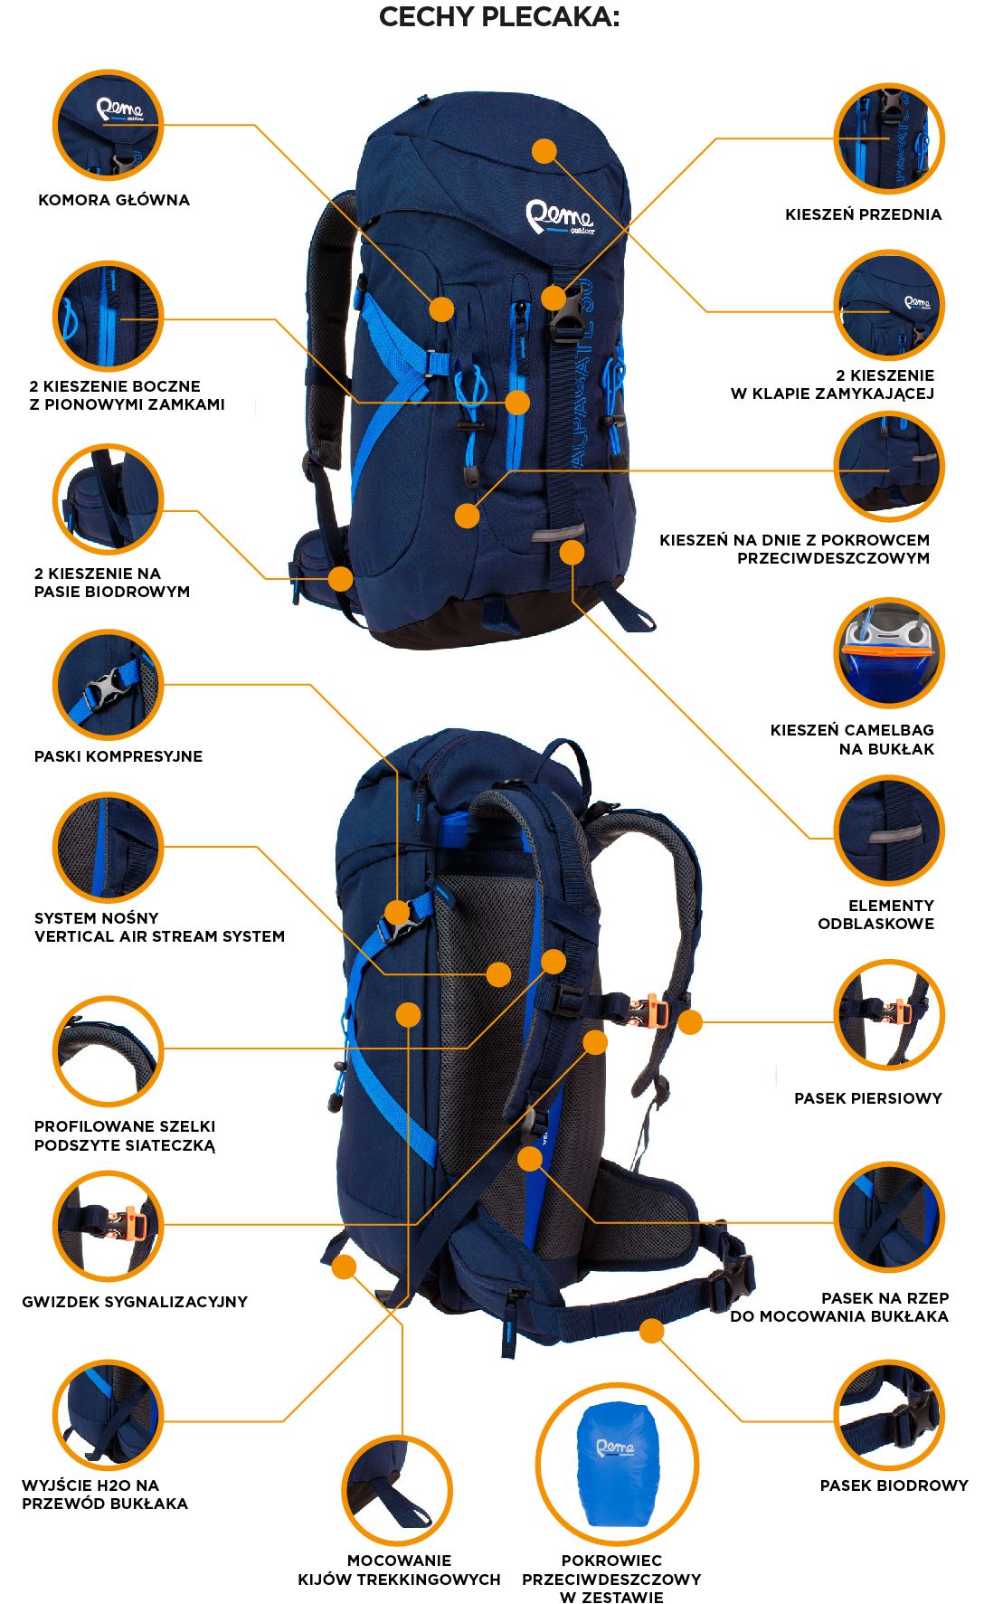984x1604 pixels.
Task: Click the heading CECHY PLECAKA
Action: pyautogui.click(x=499, y=17)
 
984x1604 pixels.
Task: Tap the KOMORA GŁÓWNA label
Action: pyautogui.click(x=114, y=200)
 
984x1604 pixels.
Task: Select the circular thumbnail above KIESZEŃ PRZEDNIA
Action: pyautogui.click(x=888, y=138)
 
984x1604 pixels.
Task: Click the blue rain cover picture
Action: pyautogui.click(x=617, y=1463)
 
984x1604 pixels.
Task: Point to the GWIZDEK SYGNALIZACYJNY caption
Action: pyautogui.click(x=135, y=1302)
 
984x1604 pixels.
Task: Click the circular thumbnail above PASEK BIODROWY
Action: pyautogui.click(x=888, y=1414)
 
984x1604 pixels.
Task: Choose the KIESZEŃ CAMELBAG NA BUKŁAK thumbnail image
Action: pyautogui.click(x=888, y=652)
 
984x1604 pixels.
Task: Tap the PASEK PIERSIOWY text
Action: pyautogui.click(x=867, y=1098)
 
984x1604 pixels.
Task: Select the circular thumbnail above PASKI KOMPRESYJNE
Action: pyautogui.click(x=109, y=685)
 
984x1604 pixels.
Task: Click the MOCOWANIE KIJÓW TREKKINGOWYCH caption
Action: pyautogui.click(x=399, y=1570)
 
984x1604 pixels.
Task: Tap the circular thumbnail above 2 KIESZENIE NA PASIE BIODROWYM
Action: pyautogui.click(x=109, y=498)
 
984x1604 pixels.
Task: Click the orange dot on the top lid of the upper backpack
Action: pyautogui.click(x=544, y=151)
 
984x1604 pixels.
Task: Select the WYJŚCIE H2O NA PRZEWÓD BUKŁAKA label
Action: pyautogui.click(x=104, y=1495)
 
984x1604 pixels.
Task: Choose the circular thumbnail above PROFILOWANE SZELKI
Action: pyautogui.click(x=109, y=1050)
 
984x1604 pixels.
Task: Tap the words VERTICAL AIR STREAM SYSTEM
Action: pyautogui.click(x=159, y=936)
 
